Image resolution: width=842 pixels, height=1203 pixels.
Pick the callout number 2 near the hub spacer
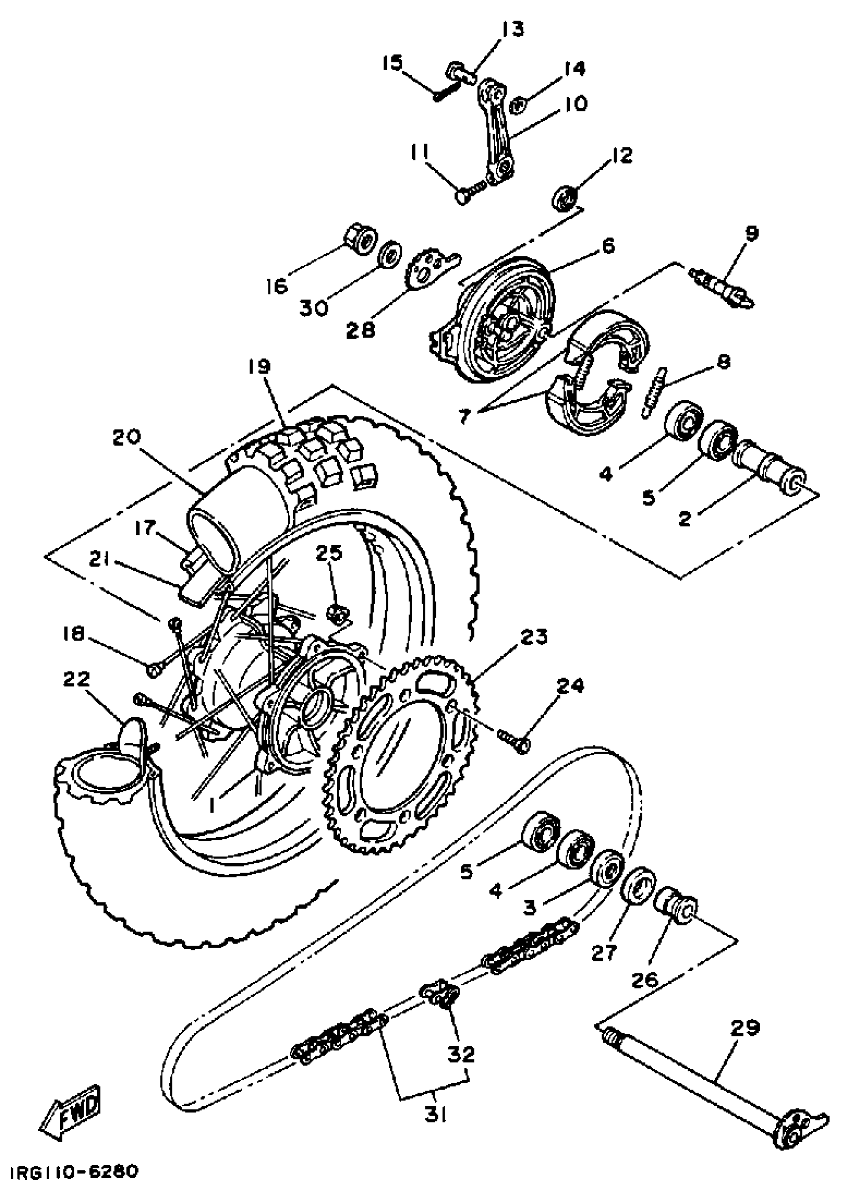[x=684, y=519]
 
